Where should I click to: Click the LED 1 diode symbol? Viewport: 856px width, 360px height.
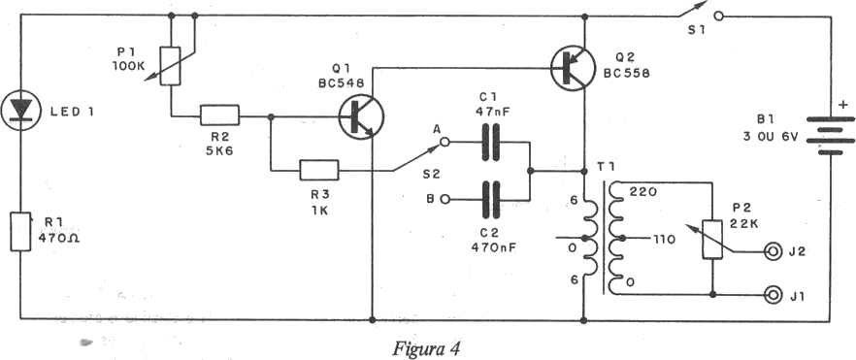(21, 112)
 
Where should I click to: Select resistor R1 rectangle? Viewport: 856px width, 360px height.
(20, 232)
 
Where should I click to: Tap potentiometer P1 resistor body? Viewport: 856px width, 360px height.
(171, 66)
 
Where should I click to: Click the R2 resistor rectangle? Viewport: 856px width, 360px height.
(219, 116)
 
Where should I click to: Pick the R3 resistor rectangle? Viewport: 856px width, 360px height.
(318, 170)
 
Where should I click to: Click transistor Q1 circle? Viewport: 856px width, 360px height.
(361, 116)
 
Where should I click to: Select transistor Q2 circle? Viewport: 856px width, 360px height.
(573, 68)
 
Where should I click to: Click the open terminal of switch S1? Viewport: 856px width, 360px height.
(719, 16)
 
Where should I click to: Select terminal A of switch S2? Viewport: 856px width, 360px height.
(444, 143)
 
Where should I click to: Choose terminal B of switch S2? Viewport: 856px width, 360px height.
(444, 200)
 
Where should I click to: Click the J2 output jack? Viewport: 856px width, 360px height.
(773, 251)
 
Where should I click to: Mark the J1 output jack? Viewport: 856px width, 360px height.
(773, 295)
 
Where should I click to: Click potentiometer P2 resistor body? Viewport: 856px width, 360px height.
(712, 239)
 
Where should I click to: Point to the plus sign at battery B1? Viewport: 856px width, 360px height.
(843, 104)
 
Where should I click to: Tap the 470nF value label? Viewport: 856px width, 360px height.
(494, 247)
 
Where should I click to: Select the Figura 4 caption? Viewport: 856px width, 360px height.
(426, 348)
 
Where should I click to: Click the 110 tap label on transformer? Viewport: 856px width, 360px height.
(665, 239)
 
